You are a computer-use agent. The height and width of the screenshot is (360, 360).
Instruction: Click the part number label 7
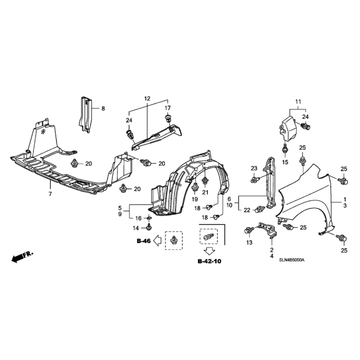point(50,193)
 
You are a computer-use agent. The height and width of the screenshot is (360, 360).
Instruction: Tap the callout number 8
point(103,109)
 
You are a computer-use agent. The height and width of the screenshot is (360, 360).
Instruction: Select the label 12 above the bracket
point(147,99)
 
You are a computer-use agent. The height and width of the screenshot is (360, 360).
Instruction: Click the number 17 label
point(168,108)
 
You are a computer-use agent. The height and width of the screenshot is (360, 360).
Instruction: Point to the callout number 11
point(298,101)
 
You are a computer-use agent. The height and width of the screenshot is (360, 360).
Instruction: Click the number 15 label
point(285,163)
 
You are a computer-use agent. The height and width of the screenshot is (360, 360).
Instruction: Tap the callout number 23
point(254,169)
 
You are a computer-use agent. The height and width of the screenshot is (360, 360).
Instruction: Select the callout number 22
point(247,210)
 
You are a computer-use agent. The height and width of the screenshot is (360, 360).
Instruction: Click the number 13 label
point(249,242)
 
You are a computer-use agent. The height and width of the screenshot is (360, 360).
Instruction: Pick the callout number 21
point(205,192)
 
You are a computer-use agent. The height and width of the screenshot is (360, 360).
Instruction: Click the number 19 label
point(195,200)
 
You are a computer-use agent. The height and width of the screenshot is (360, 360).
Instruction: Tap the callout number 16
point(138,218)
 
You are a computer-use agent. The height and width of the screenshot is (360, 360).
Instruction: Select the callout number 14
point(136,228)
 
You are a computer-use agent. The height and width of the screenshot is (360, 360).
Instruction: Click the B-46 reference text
point(144,241)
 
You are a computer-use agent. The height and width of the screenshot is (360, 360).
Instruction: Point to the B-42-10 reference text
point(209,261)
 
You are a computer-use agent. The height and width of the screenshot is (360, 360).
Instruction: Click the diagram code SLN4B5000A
point(291,260)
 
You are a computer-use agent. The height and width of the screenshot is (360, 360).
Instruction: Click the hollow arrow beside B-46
point(157,241)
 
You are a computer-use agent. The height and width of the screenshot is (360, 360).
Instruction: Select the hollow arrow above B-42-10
point(209,251)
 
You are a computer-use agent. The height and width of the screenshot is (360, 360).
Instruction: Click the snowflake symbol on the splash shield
point(43,132)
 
